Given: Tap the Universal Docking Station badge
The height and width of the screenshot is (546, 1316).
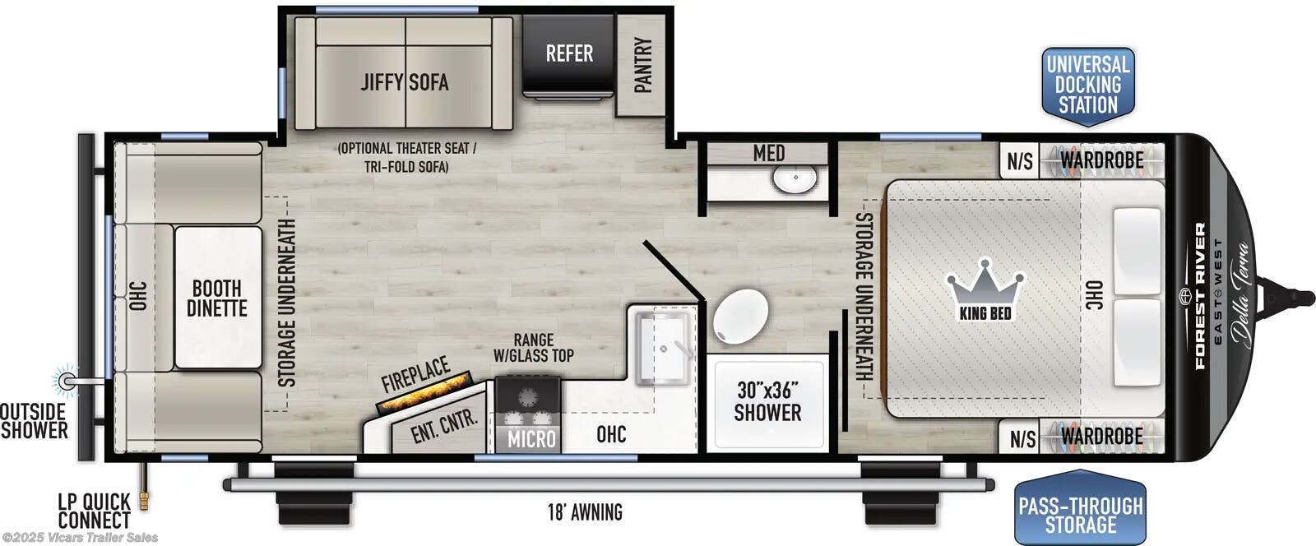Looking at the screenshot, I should coord(1087,85).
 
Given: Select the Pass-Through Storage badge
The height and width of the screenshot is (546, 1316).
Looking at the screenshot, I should coord(1080,515).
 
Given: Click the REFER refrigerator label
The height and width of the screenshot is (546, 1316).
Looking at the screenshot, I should coord(569,54).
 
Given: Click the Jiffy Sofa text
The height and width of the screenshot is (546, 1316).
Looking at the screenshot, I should coord(404,81).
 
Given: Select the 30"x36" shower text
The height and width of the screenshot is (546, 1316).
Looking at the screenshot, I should coord(767,402).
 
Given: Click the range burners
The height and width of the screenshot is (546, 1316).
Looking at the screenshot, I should coord(528,401).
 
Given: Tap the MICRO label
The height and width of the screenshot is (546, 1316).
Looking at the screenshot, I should coord(531,439).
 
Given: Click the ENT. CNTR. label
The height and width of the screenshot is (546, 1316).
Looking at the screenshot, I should coord(443,426).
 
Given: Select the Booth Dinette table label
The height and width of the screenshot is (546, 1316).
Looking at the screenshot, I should coord(216,298).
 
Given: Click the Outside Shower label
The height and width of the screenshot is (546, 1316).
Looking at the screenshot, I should coord(33,420).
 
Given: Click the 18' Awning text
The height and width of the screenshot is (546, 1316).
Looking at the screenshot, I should coord(585,512).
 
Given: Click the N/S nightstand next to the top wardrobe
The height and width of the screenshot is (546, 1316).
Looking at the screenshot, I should coord(1019,160).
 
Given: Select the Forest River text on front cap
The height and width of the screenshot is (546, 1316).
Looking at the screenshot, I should coord(1200,296).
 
